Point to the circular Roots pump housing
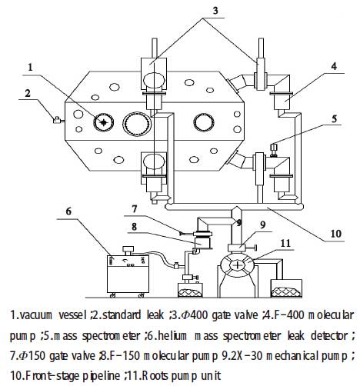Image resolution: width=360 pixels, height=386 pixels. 240,263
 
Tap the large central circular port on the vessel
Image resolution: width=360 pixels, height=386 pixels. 138,123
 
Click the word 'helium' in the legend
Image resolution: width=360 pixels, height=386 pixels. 232,334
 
